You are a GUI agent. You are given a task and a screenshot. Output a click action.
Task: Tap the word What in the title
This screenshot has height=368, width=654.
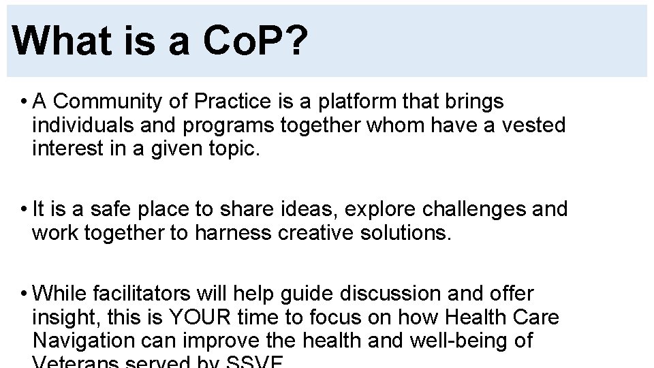point(58,41)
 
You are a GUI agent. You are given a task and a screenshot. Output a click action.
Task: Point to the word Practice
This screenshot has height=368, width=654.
point(232,102)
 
